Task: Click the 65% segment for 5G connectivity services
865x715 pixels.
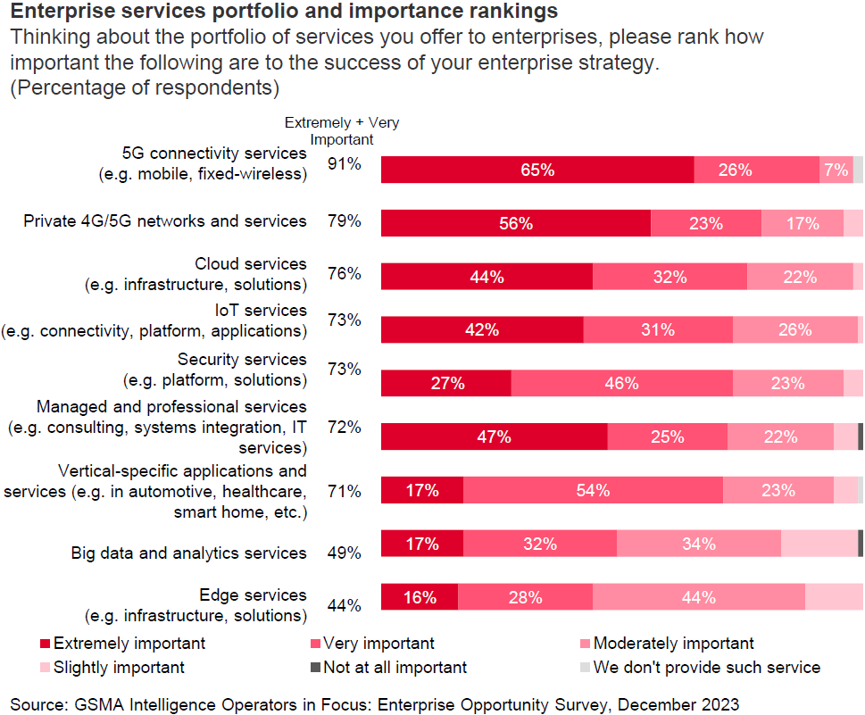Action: pyautogui.click(x=537, y=170)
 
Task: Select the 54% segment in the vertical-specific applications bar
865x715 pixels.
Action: pyautogui.click(x=593, y=490)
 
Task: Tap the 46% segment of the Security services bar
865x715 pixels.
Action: pyautogui.click(x=621, y=383)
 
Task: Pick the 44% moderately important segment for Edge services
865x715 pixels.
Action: pyautogui.click(x=698, y=597)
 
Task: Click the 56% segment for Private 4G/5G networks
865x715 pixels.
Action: pyautogui.click(x=516, y=223)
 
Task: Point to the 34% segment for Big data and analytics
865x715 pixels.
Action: pyautogui.click(x=698, y=544)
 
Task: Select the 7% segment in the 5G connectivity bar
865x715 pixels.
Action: pyautogui.click(x=836, y=170)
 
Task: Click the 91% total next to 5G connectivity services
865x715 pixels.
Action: pyautogui.click(x=345, y=164)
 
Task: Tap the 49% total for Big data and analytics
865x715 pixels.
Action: pyautogui.click(x=345, y=553)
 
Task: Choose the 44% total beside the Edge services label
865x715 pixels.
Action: pyautogui.click(x=345, y=605)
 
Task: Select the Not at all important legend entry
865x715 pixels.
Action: pyautogui.click(x=393, y=667)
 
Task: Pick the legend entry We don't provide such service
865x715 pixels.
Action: pyautogui.click(x=706, y=667)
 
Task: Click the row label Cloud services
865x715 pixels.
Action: pyautogui.click(x=251, y=264)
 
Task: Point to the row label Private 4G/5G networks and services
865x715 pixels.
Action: pyautogui.click(x=165, y=220)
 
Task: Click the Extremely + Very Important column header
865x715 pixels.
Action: pyautogui.click(x=341, y=130)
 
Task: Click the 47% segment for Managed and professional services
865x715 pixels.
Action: pyautogui.click(x=494, y=436)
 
